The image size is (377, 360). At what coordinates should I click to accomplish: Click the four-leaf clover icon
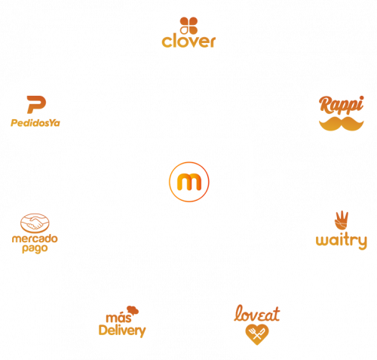[x=188, y=26]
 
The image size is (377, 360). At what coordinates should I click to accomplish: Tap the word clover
[x=188, y=42]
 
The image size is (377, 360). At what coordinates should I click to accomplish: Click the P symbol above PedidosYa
[x=36, y=105]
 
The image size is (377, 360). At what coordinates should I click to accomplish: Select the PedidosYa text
[x=35, y=123]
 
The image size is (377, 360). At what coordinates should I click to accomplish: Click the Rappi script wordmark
[x=342, y=105]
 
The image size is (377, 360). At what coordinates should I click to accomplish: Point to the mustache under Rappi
[x=342, y=124]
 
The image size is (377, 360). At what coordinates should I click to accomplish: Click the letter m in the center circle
[x=189, y=182]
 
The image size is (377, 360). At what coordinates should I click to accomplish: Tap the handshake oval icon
[x=35, y=223]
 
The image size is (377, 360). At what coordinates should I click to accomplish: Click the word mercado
[x=35, y=238]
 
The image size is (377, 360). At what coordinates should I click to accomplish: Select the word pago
[x=35, y=248]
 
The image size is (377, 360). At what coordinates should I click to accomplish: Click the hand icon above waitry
[x=342, y=220]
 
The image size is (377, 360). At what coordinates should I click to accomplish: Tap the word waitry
[x=342, y=241]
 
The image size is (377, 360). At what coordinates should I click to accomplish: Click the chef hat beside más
[x=133, y=310]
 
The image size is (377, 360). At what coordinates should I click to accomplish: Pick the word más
[x=118, y=318]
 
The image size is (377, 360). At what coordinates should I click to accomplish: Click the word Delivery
[x=122, y=331]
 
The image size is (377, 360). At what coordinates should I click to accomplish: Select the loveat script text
[x=257, y=313]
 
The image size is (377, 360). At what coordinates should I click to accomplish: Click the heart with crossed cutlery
[x=257, y=334]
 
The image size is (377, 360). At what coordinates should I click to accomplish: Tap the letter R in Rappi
[x=326, y=104]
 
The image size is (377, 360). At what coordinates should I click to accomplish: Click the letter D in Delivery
[x=103, y=330]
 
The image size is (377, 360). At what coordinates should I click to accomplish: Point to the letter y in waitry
[x=362, y=242]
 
